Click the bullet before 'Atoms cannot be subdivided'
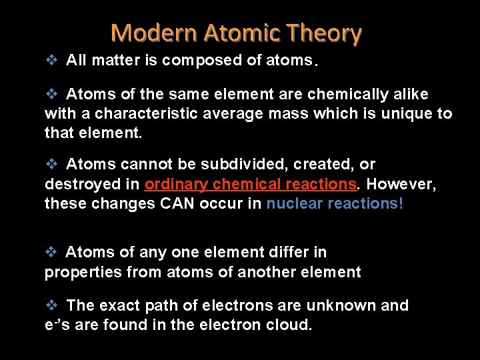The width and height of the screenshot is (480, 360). pyautogui.click(x=52, y=164)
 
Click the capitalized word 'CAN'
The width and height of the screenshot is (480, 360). pyautogui.click(x=178, y=204)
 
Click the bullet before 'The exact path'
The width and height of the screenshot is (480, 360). pyautogui.click(x=52, y=305)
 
